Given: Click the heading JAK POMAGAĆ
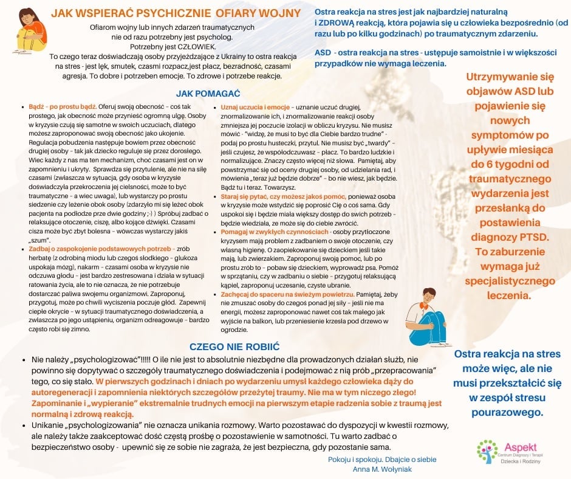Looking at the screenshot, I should [208, 94].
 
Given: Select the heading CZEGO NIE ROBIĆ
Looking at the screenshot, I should [234, 346].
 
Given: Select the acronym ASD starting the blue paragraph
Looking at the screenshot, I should [323, 52].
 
